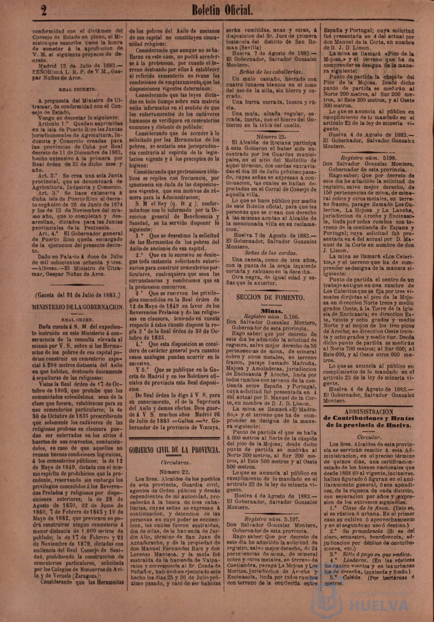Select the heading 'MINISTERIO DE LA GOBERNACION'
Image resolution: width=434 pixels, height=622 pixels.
[x=78, y=307]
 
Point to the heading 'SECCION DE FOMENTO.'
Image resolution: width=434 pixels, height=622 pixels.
[x=270, y=297]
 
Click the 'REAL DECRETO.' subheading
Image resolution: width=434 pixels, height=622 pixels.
[x=77, y=90]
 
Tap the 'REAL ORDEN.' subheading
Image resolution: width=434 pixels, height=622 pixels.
[x=77, y=320]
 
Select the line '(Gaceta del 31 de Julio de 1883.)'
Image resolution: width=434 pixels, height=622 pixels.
[x=78, y=295]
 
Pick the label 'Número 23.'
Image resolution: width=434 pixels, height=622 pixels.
[x=271, y=136]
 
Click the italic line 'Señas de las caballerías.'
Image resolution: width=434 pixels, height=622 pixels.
[x=271, y=72]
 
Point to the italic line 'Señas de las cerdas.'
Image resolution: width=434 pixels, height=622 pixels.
[x=271, y=253]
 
